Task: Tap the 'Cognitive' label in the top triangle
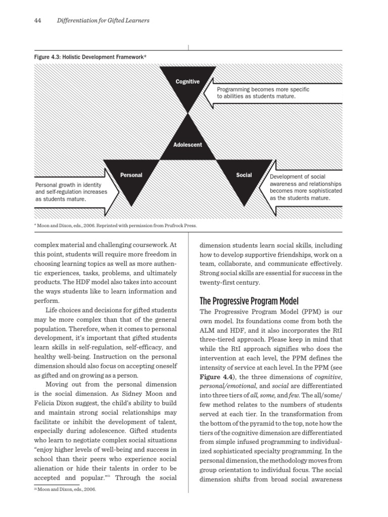coord(187,82)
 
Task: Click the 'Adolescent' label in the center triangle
coord(187,144)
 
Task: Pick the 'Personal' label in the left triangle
coord(131,175)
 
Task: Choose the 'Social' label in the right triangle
coord(244,175)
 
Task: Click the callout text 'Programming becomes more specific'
coord(263,89)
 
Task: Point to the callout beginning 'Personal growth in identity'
coord(71,192)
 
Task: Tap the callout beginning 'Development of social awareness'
coord(305,187)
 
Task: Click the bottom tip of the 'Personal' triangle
coord(131,206)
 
